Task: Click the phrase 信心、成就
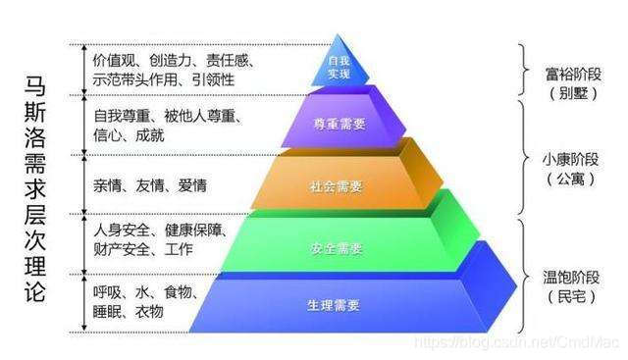128,134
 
